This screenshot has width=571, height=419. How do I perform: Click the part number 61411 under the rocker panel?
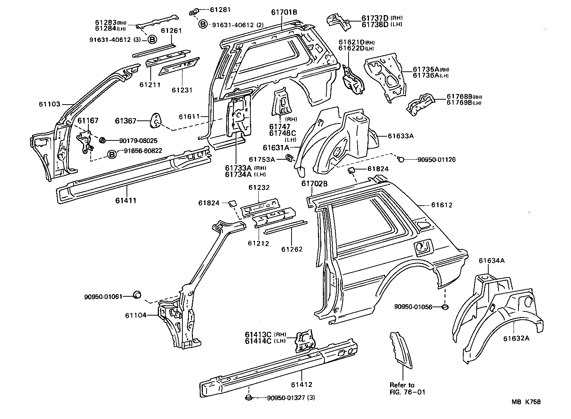pos(126,200)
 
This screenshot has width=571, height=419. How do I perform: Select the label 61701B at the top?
pos(284,12)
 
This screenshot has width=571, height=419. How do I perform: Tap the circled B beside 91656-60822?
pos(112,154)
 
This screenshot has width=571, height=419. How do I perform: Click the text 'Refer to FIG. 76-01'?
pos(407,388)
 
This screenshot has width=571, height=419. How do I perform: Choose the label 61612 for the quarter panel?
pos(441,205)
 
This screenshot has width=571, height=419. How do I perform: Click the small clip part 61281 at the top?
pos(194,12)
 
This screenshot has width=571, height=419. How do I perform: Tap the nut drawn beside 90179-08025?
pos(102,140)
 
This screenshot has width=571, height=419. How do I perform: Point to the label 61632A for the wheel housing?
pos(516,338)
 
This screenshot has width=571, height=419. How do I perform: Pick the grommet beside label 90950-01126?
pos(401,159)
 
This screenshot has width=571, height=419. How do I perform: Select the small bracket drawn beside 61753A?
pos(290,158)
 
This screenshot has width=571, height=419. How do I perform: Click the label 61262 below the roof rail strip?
pos(292,249)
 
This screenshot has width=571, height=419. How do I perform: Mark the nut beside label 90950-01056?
pos(446,307)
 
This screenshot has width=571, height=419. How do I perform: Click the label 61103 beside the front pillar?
pos(49,104)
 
